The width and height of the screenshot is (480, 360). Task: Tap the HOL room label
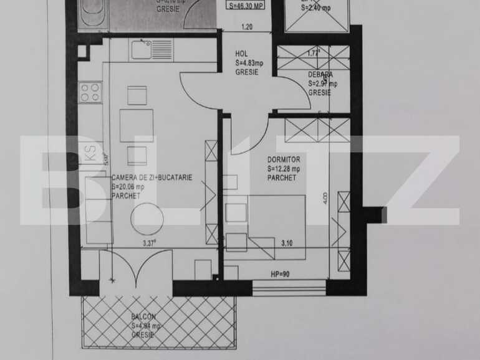pyautogui.click(x=241, y=54)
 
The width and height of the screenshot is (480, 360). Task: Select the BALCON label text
pyautogui.click(x=143, y=316)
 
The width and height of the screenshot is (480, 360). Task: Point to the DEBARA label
pyautogui.click(x=320, y=75)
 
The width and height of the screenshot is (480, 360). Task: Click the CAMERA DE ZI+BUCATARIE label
pyautogui.click(x=151, y=178)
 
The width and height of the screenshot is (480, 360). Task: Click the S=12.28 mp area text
pyautogui.click(x=284, y=169)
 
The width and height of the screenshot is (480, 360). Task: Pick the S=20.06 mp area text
pyautogui.click(x=128, y=186)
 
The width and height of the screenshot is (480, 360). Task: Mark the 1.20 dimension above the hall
pyautogui.click(x=247, y=27)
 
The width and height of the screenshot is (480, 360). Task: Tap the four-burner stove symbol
pyautogui.click(x=90, y=92)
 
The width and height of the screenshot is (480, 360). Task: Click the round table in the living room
pyautogui.click(x=147, y=219)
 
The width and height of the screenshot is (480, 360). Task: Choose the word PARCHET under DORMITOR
pyautogui.click(x=281, y=178)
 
